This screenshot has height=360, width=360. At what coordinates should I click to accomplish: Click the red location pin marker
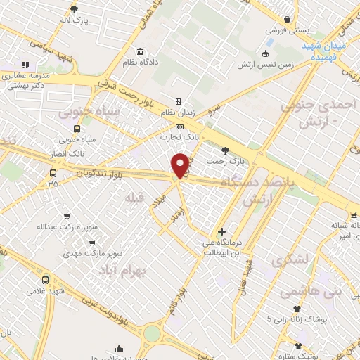[181, 165]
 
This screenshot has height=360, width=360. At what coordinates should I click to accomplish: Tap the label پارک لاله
[75, 20]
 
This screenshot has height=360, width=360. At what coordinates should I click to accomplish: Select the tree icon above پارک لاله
[75, 9]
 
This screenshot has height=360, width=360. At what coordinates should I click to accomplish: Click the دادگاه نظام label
[141, 63]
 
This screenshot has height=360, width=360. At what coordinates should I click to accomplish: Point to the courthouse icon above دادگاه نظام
[141, 52]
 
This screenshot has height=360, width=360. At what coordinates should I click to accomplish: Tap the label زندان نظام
[179, 112]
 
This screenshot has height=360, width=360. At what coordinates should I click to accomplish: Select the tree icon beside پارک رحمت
[225, 150]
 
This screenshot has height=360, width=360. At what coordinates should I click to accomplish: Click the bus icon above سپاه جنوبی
[77, 129]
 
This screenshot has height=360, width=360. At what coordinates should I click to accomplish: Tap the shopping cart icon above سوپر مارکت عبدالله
[67, 216]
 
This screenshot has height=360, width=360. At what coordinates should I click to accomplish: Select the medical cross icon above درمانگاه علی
[221, 231]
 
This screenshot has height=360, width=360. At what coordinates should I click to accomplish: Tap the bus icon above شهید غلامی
[46, 279]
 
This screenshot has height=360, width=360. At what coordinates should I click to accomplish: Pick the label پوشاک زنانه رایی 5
[297, 319]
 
